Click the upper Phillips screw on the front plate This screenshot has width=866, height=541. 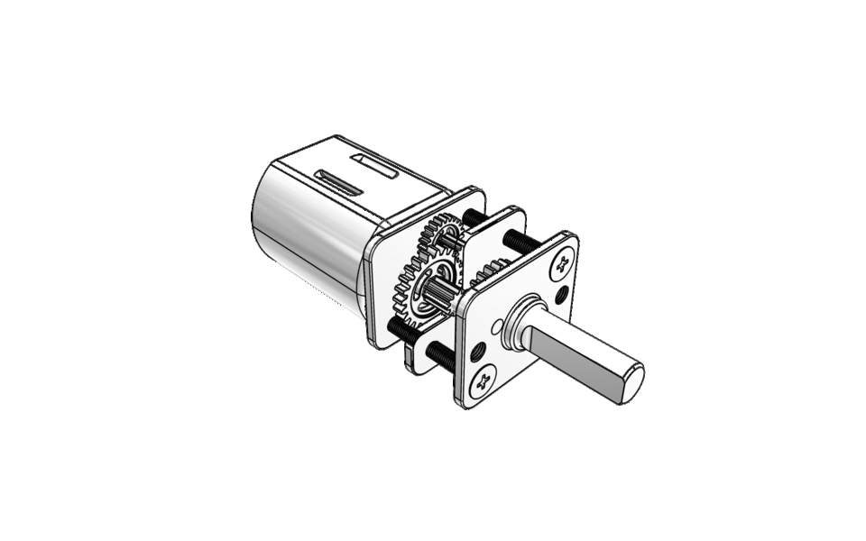tap(564, 262)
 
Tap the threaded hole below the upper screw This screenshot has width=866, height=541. tap(563, 294)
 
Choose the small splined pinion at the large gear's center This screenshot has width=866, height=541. tap(440, 292)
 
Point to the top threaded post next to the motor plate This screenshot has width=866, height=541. tap(473, 217)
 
